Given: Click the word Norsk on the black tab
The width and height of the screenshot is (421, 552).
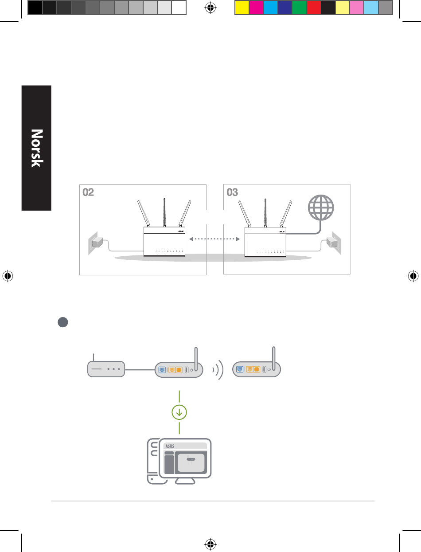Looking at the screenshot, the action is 37,148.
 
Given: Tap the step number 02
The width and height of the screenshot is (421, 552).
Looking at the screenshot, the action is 88,192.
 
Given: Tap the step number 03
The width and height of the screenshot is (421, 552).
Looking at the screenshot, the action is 232,192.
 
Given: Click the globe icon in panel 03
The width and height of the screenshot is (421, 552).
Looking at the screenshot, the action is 321,207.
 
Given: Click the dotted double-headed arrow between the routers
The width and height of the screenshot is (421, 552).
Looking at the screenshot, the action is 214,239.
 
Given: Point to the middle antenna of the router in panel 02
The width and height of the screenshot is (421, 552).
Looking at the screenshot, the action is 164,212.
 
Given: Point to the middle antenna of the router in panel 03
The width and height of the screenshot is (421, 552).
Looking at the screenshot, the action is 265,213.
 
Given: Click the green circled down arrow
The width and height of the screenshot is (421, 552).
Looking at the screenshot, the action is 179,412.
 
